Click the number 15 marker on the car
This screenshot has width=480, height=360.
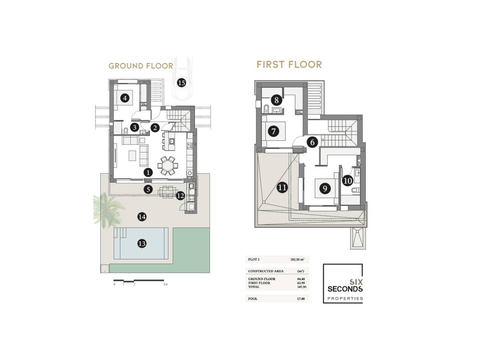pyautogui.click(x=181, y=83)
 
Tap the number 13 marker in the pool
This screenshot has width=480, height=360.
pyautogui.click(x=142, y=243)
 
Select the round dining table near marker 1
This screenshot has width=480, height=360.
pyautogui.click(x=168, y=165)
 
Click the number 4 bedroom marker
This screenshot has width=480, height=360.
pyautogui.click(x=125, y=98)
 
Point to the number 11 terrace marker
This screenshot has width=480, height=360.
pyautogui.click(x=282, y=188)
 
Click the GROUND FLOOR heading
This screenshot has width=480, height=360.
pyautogui.click(x=141, y=66)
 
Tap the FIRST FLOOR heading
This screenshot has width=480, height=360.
pyautogui.click(x=289, y=64)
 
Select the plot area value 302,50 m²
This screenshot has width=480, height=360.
pyautogui.click(x=297, y=260)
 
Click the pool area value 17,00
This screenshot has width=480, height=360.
pyautogui.click(x=301, y=299)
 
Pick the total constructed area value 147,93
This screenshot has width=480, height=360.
pyautogui.click(x=302, y=287)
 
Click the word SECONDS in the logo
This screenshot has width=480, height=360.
pyautogui.click(x=345, y=289)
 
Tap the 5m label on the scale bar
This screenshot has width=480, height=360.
pyautogui.click(x=166, y=284)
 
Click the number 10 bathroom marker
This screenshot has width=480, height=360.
pyautogui.click(x=347, y=181)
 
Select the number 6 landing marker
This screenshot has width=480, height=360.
pyautogui.click(x=312, y=142)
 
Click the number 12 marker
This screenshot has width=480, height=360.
pyautogui.click(x=180, y=196)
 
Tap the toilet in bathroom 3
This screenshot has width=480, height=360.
pyautogui.click(x=126, y=131)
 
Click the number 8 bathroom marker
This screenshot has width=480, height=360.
pyautogui.click(x=276, y=100)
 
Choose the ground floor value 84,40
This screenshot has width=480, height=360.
pyautogui.click(x=301, y=279)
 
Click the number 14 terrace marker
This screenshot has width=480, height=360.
pyautogui.click(x=142, y=217)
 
